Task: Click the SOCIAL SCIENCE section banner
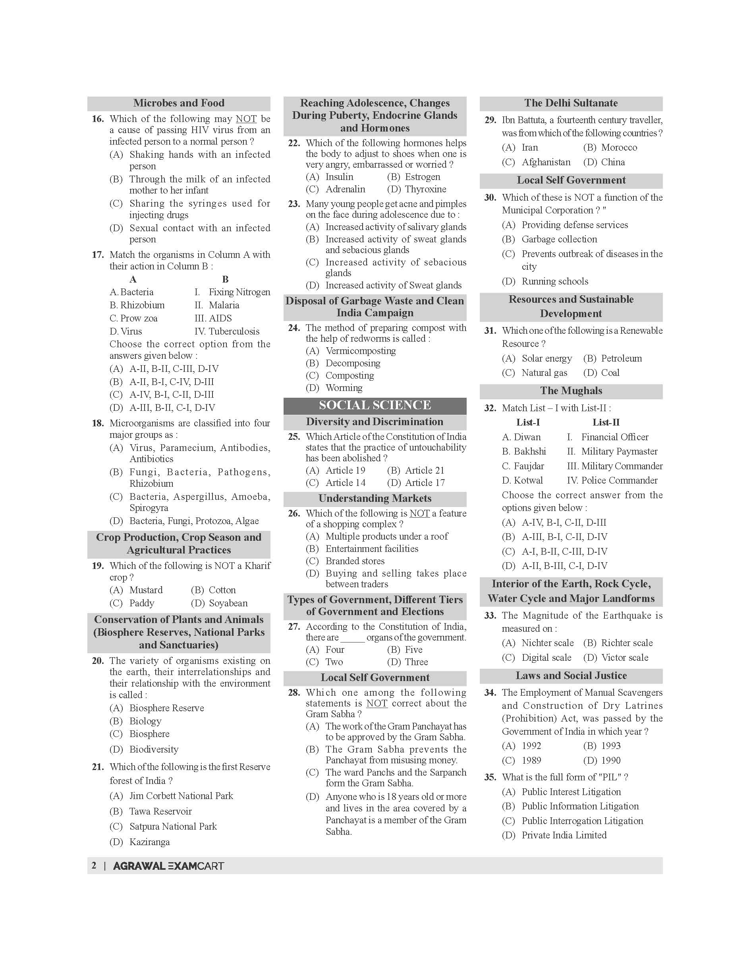(375, 405)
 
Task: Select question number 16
(98, 118)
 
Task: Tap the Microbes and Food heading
(179, 103)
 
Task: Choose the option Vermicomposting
(360, 351)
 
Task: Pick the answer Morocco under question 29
(619, 147)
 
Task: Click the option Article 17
(424, 482)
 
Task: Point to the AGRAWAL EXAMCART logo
(168, 865)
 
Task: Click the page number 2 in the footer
(94, 865)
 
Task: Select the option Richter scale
(626, 642)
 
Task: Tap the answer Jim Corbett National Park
(181, 796)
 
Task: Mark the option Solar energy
(546, 358)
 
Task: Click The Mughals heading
(571, 391)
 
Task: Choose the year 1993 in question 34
(610, 746)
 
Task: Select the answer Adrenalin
(345, 189)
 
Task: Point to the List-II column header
(606, 422)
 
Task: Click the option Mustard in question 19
(146, 590)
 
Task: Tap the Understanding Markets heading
(375, 498)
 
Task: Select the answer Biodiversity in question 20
(154, 749)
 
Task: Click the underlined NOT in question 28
(377, 703)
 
